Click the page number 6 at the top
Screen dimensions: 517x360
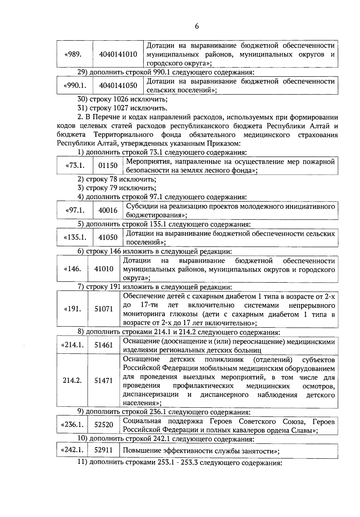[x=197, y=26]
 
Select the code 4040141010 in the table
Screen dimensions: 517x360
[x=118, y=54]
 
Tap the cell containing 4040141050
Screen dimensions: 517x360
[x=118, y=86]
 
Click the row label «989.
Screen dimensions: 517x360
[x=73, y=54]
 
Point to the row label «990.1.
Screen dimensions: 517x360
[x=75, y=86]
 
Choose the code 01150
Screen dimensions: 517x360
[x=108, y=165]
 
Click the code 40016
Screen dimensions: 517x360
[x=108, y=210]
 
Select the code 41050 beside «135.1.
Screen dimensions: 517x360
[x=108, y=237]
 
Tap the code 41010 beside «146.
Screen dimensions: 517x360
[x=104, y=269]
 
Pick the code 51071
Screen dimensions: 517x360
[x=104, y=309]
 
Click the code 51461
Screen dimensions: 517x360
[x=104, y=345]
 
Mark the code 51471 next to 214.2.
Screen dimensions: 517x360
[x=104, y=380]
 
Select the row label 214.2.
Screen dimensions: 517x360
[x=72, y=380]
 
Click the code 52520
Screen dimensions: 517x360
[x=104, y=425]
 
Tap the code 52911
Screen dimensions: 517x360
[x=103, y=450]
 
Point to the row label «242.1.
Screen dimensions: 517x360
[x=72, y=450]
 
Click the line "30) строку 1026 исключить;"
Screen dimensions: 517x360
[x=122, y=99]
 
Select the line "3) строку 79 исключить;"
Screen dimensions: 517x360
[x=117, y=188]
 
